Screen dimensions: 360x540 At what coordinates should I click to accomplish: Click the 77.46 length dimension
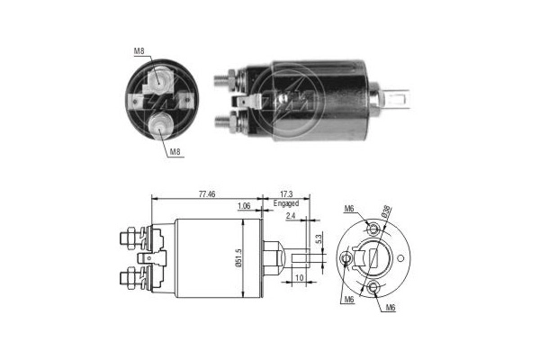coord(206,193)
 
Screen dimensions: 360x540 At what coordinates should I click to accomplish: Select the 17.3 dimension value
coord(285,193)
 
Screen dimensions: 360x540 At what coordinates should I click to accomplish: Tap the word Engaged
coord(286,203)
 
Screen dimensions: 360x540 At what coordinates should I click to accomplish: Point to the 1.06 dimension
coord(243,206)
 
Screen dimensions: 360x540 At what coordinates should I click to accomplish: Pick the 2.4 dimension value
coord(291,216)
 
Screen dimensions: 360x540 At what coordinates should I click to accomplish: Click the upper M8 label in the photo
coord(139,51)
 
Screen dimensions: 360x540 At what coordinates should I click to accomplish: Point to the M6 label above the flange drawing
coord(349,210)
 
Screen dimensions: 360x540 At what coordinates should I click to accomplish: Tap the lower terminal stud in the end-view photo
coord(160,124)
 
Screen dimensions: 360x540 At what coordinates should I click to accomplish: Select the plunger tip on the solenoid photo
coord(400,94)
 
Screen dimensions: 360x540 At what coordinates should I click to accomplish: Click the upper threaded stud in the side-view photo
coord(222,79)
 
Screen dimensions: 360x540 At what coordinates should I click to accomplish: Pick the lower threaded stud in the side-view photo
coord(222,117)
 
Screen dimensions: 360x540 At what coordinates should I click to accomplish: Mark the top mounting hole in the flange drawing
coord(373,229)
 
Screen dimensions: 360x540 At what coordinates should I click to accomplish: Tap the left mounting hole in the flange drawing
coord(346,259)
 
